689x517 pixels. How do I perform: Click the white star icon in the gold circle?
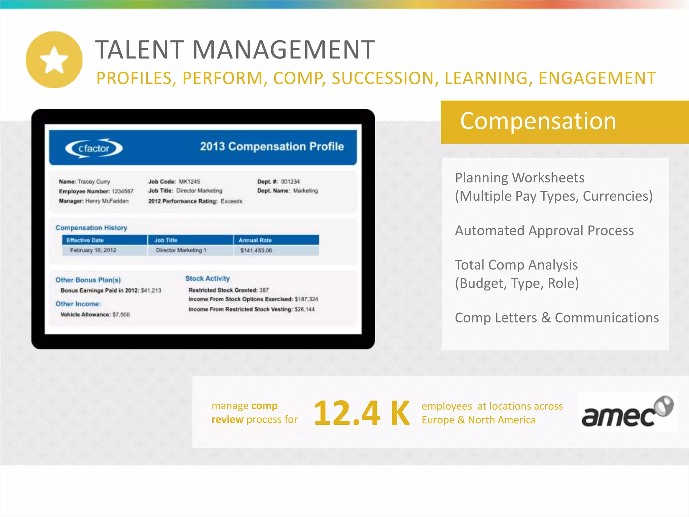click(x=54, y=60)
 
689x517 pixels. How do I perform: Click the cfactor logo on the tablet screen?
click(x=94, y=148)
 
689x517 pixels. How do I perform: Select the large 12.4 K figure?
click(x=361, y=413)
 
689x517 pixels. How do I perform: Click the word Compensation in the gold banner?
click(x=538, y=121)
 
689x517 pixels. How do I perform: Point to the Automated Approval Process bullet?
click(x=544, y=231)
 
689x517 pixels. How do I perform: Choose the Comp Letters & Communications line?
click(x=556, y=318)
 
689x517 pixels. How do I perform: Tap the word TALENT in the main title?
click(x=139, y=50)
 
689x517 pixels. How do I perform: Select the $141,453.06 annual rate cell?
click(x=256, y=250)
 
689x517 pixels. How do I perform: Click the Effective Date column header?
click(x=85, y=240)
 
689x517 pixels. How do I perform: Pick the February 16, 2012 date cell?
click(x=93, y=250)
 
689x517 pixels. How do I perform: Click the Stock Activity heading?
click(x=207, y=279)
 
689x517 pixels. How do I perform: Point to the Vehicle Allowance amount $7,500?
click(x=121, y=315)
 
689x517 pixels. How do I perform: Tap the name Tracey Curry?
click(x=94, y=182)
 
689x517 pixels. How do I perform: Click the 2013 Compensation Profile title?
click(x=272, y=146)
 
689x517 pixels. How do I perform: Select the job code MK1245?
click(x=189, y=182)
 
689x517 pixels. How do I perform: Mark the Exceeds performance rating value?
click(x=231, y=201)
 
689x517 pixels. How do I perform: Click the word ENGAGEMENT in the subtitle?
click(x=597, y=78)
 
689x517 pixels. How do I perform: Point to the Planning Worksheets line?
click(x=519, y=178)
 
